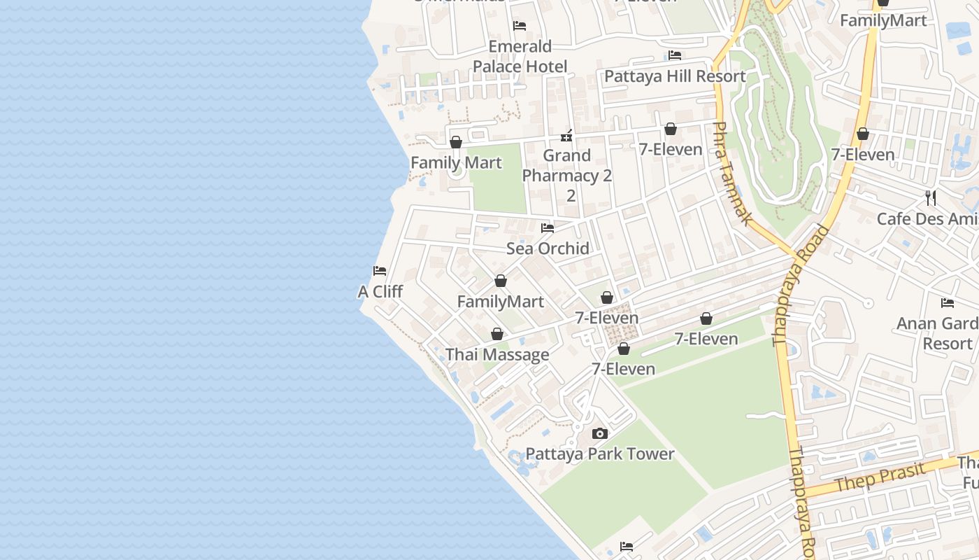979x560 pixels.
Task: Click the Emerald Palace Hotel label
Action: (520, 56)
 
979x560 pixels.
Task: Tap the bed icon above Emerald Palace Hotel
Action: (520, 26)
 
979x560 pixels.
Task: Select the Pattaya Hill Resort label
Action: (675, 76)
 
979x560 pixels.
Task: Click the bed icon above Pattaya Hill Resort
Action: (675, 55)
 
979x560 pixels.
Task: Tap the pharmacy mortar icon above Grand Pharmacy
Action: (567, 135)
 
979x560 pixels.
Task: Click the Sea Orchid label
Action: (548, 248)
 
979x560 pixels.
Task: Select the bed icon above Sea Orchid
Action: (548, 228)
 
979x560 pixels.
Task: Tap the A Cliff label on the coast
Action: (380, 291)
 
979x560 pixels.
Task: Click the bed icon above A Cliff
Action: (380, 271)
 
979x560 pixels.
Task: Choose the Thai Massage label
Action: (497, 355)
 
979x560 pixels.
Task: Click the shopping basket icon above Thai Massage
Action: (497, 334)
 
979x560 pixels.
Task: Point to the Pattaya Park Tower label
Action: (600, 454)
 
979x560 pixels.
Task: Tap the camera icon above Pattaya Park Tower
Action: (600, 434)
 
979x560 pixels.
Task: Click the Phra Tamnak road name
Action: (731, 174)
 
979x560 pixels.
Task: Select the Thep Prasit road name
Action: (880, 478)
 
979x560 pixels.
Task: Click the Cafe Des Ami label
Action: (927, 219)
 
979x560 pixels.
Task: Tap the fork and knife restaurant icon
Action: (931, 197)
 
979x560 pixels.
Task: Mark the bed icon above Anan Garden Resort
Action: (948, 303)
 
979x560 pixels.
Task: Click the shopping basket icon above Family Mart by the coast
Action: (456, 142)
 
